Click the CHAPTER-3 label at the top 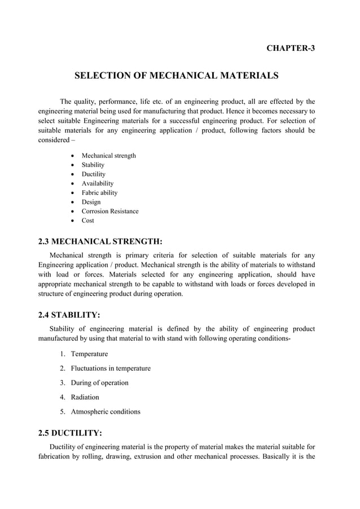coord(290,48)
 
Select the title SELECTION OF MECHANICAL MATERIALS coord(177,75)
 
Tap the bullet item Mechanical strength coord(108,156)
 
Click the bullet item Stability coord(93,165)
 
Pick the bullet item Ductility coord(94,174)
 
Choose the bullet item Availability coord(98,183)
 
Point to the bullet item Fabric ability coord(100,193)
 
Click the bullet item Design coord(91,202)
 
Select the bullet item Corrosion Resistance coord(110,212)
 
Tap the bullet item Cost coord(88,221)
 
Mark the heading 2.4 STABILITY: coord(69,315)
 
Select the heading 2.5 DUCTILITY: coord(70,433)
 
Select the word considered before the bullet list coord(55,141)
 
